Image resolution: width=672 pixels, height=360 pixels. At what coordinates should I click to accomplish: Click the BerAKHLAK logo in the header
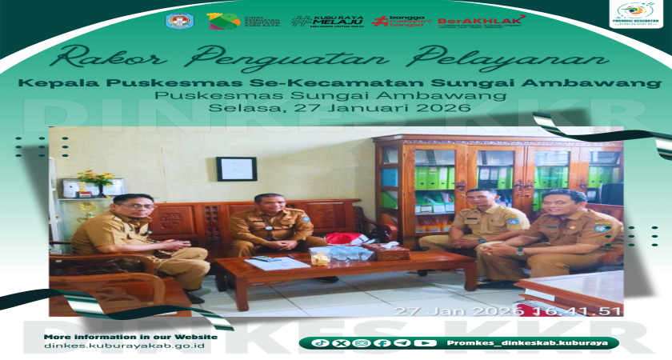pyautogui.click(x=481, y=21)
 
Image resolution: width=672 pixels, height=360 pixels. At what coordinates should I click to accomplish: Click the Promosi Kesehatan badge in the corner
pyautogui.click(x=636, y=14)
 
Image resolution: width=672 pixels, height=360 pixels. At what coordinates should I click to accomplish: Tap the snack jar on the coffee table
pyautogui.click(x=320, y=256)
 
